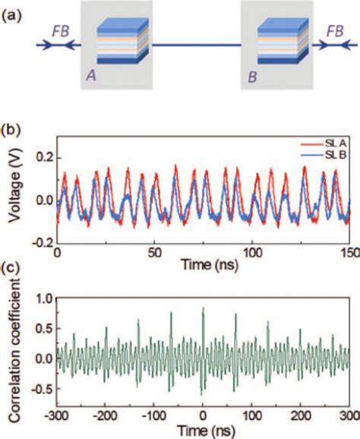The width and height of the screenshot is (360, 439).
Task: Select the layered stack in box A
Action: [121, 44]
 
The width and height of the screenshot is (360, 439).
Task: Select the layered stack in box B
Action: [281, 44]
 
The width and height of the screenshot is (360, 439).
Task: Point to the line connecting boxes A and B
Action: [198, 46]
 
